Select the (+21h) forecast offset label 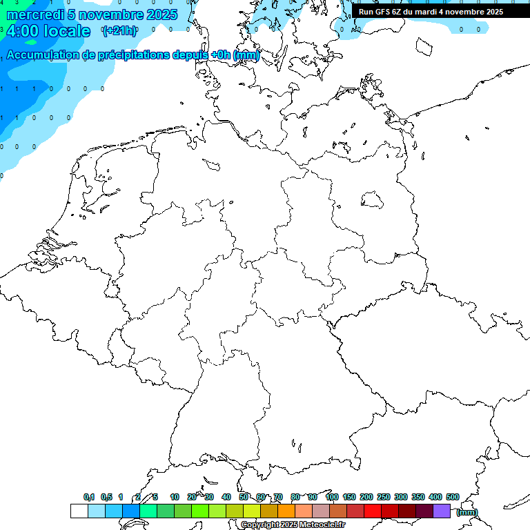click(119, 31)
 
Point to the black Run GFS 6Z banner click(431, 11)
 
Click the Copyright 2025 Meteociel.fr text click(293, 524)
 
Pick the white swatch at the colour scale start click(79, 511)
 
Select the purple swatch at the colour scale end click(442, 511)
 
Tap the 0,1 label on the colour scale click(89, 497)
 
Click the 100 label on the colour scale click(331, 497)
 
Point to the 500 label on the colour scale click(453, 497)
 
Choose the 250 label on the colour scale click(384, 497)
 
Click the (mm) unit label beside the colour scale click(467, 512)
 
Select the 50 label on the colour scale click(244, 497)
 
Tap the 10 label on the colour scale click(175, 497)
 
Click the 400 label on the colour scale click(435, 497)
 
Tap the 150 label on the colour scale click(349, 497)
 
